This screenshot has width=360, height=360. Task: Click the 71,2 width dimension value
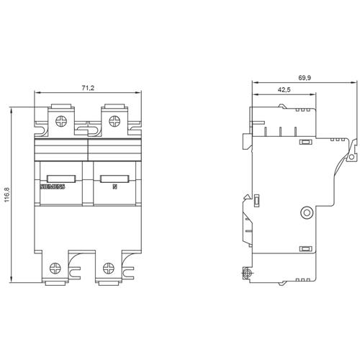88,88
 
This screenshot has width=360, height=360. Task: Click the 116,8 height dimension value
6,194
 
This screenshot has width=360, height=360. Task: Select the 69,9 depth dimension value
305,78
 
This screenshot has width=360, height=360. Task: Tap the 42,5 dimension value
284,90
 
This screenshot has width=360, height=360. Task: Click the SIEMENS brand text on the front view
53,186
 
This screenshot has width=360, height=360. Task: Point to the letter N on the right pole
115,186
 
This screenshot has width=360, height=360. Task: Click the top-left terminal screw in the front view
61,121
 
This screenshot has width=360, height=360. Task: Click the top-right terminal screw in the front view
114,121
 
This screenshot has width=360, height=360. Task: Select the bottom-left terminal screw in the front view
55,268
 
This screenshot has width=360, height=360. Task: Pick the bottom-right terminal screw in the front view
109,268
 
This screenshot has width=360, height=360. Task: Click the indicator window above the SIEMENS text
61,179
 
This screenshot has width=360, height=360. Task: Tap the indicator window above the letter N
114,179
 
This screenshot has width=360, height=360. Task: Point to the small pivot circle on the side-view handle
351,157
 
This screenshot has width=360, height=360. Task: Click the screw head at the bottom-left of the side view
246,273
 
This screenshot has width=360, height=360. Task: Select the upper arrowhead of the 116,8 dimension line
11,111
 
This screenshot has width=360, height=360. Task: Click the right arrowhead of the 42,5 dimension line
312,94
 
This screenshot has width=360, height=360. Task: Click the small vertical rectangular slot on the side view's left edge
256,200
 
